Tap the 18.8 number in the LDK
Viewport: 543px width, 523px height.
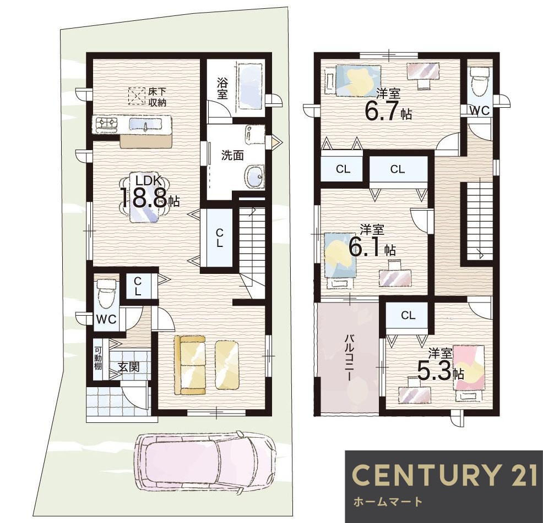pos(144,197)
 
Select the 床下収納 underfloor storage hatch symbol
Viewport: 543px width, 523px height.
pos(137,96)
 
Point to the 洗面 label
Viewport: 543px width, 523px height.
pos(232,155)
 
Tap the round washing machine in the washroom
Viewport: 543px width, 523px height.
pos(254,177)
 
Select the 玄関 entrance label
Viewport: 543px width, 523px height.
pos(128,367)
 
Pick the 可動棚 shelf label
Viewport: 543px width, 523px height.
pos(98,358)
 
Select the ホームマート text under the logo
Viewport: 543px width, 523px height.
pos(388,501)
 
